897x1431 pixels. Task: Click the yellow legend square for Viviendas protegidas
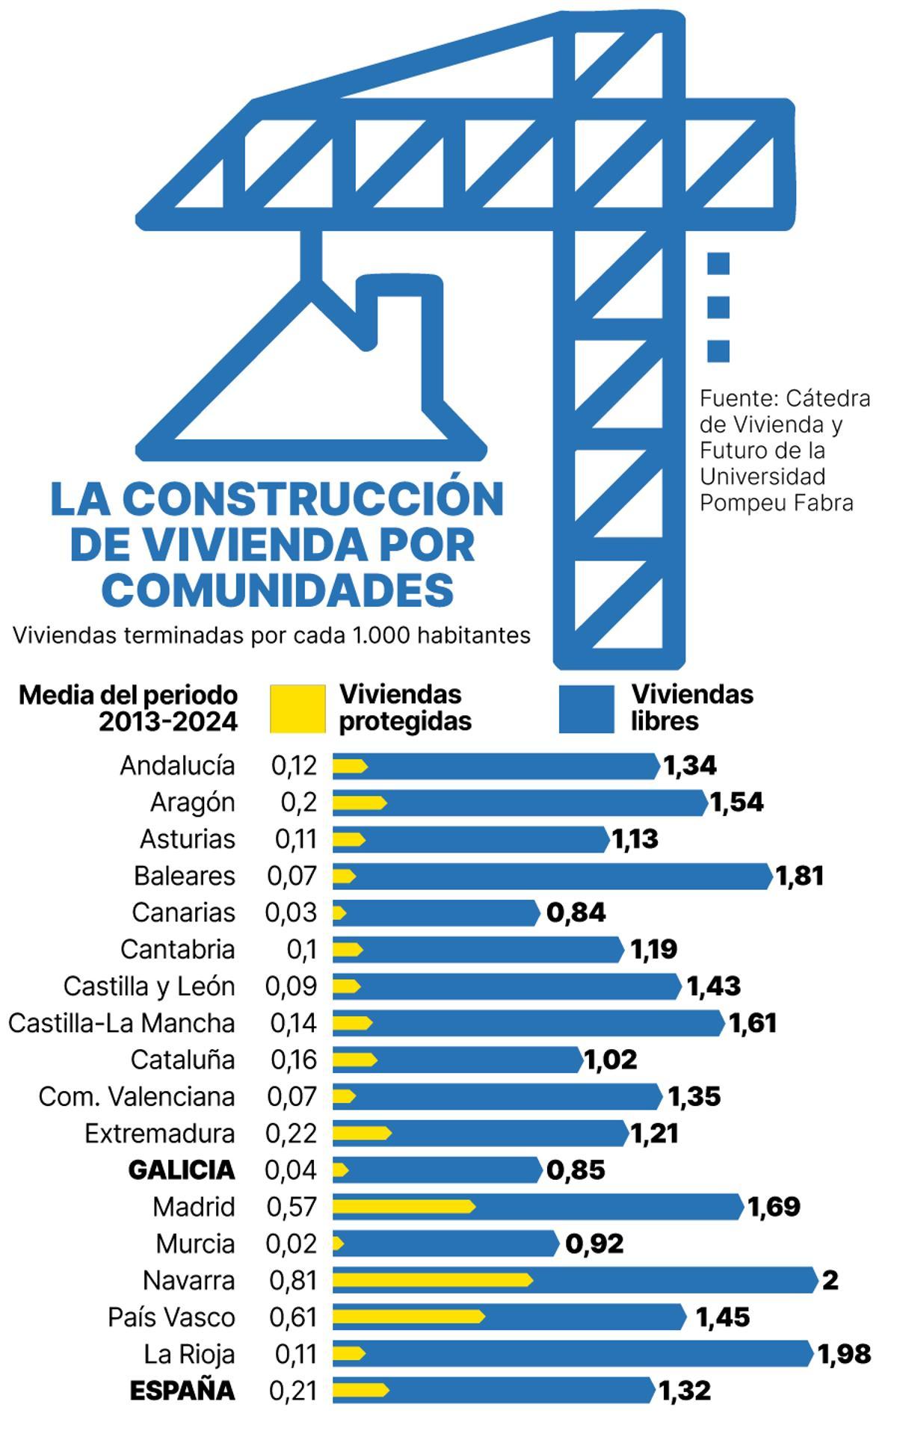298,708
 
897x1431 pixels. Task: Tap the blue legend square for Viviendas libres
586,708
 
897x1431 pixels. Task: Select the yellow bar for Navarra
432,1280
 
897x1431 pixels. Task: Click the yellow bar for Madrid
403,1206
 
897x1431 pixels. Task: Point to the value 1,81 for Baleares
800,876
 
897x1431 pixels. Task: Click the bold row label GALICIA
182,1170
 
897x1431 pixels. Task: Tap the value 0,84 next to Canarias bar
576,912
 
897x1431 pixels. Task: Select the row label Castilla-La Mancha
122,1023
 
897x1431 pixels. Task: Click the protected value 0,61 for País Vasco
293,1317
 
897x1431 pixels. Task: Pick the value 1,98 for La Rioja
845,1354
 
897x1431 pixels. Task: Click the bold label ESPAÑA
182,1391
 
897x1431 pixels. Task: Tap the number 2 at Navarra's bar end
830,1281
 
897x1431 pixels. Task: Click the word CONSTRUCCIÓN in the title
312,499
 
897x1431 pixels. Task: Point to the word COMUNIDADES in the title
277,590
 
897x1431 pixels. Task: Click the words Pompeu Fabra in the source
776,503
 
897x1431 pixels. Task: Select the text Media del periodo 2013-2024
129,708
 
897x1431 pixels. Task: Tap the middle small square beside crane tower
718,307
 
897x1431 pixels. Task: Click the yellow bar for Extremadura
361,1133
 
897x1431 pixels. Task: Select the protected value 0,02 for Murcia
292,1243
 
